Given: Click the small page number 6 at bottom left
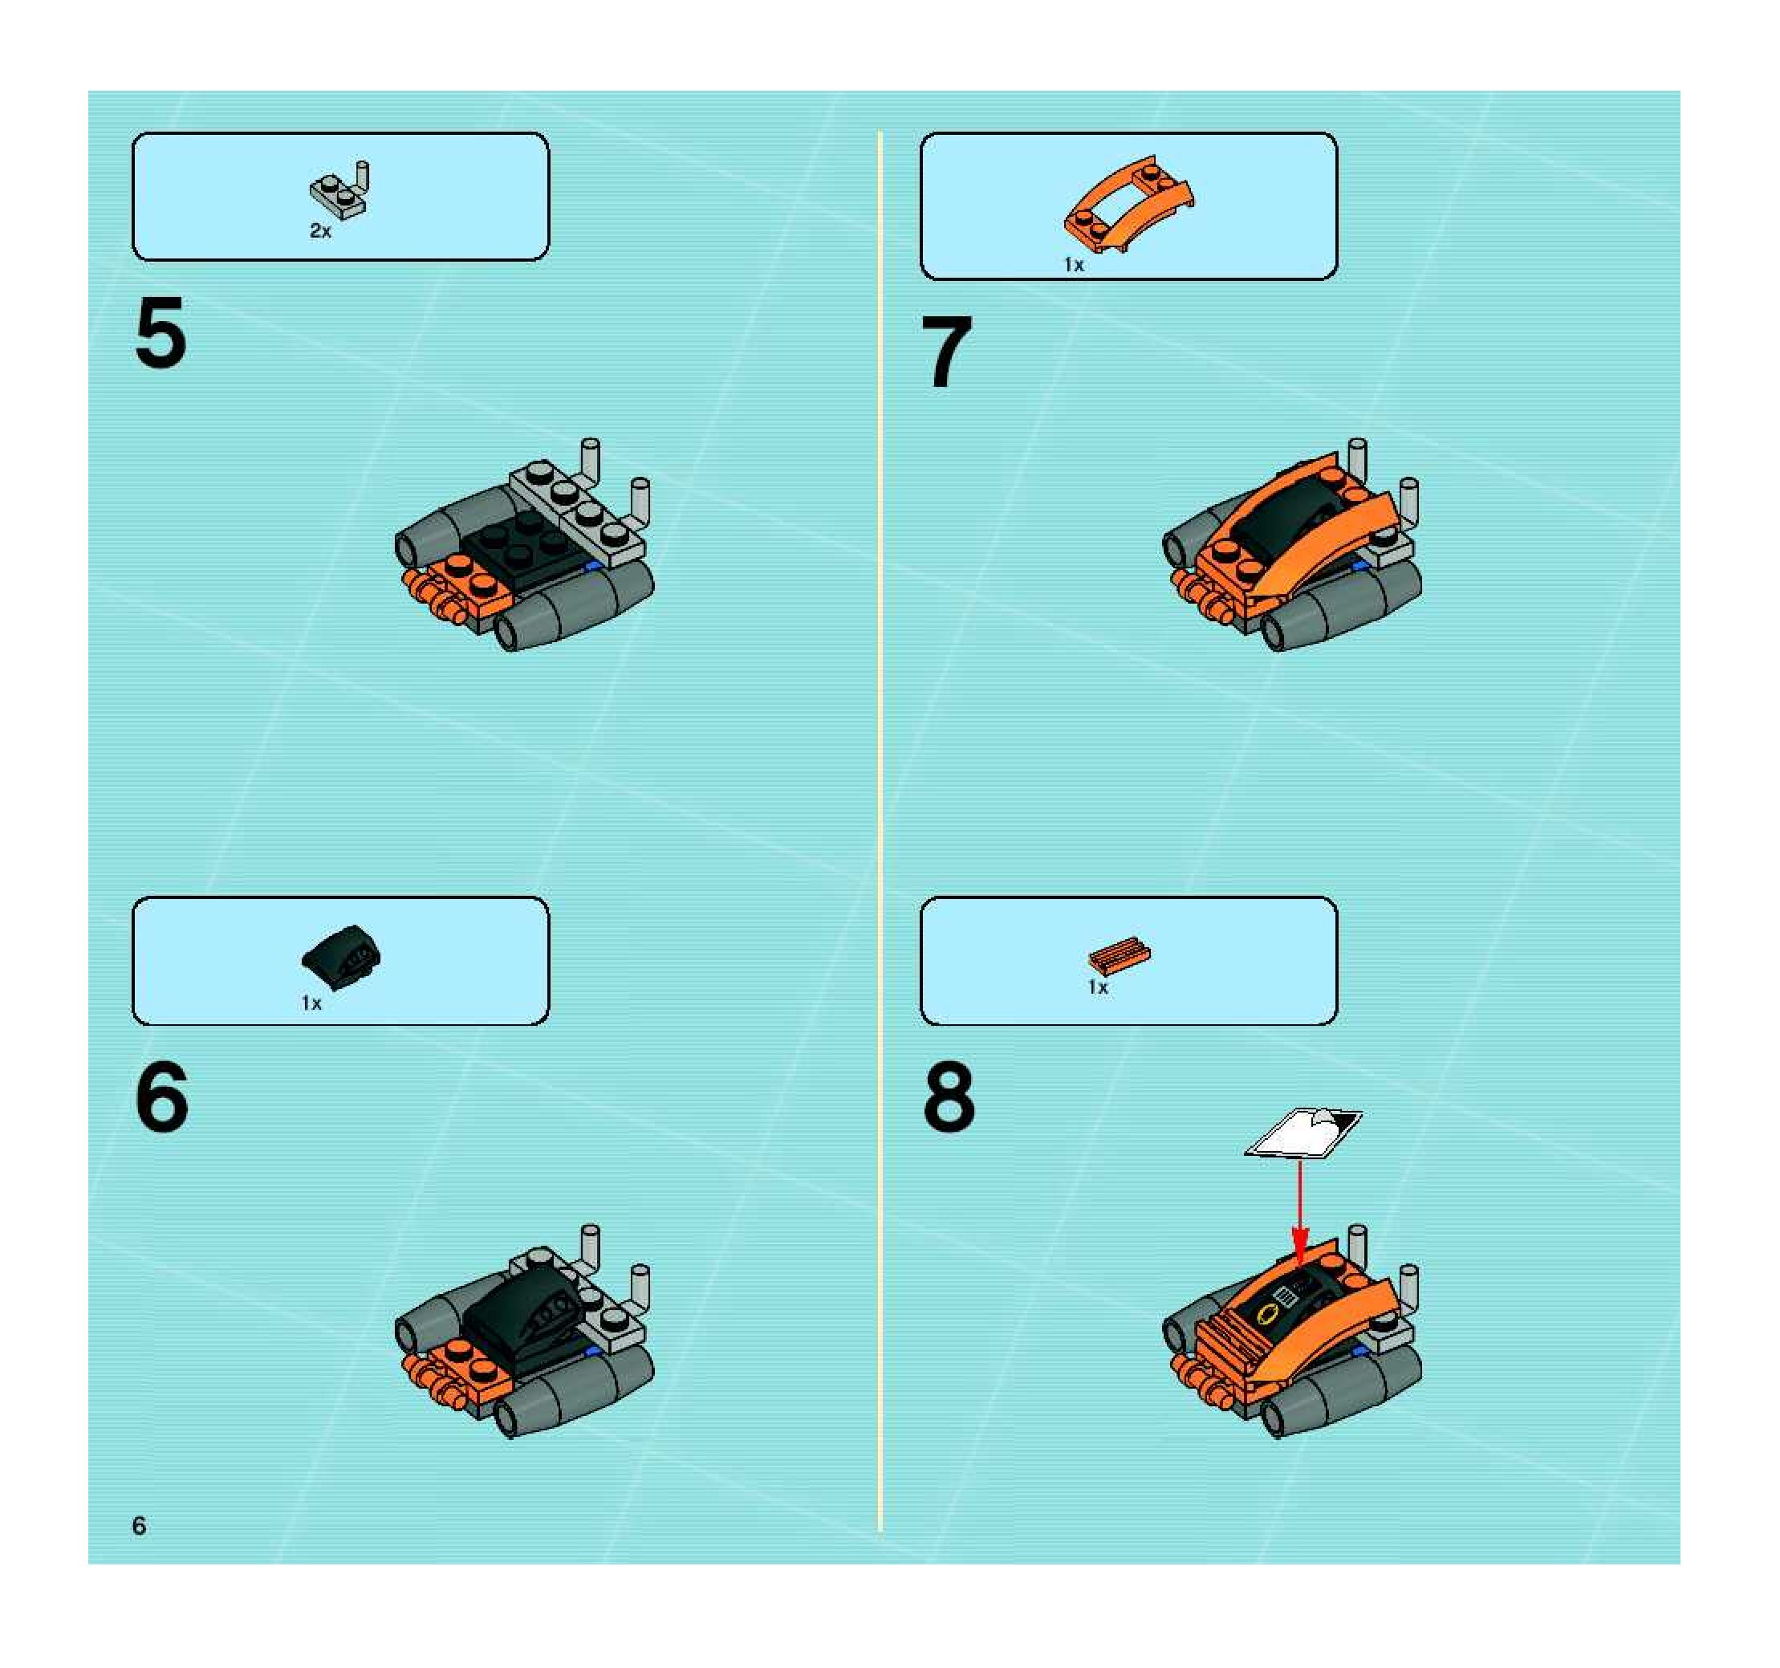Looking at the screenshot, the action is (139, 1526).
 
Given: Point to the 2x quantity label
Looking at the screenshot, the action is (319, 231).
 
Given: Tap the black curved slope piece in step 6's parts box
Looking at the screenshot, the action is (341, 957).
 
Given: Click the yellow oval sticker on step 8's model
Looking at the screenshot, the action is (1267, 1314).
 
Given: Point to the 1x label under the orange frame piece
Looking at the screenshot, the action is (1074, 264).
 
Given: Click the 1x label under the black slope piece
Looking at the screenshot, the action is (311, 1003).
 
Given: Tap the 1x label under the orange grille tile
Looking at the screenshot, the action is (1098, 987).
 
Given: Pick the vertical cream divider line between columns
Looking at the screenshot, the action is (880, 832).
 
